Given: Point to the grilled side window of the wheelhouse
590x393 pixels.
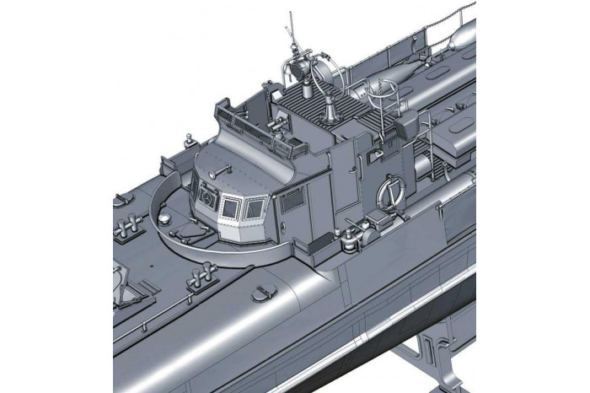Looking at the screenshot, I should [292, 199].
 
